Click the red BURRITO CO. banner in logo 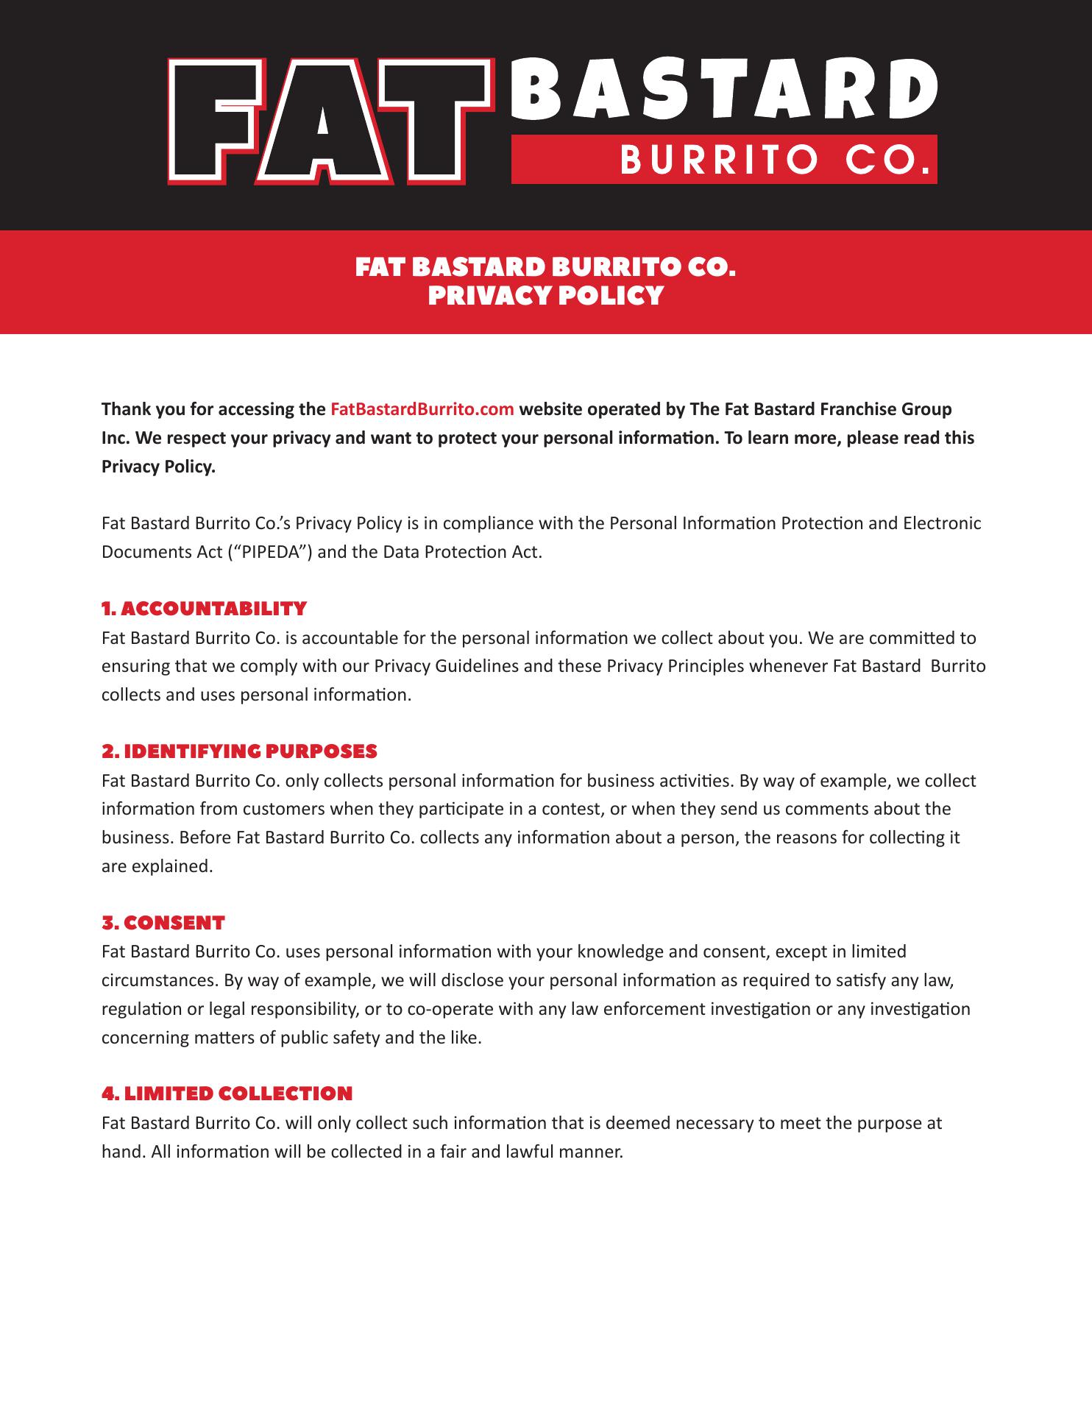click(724, 159)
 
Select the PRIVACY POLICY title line click(545, 296)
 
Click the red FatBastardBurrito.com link click(422, 409)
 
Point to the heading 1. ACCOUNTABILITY click(204, 609)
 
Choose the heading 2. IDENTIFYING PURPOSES click(239, 751)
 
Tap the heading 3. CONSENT click(163, 923)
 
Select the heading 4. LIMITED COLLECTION click(227, 1094)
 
